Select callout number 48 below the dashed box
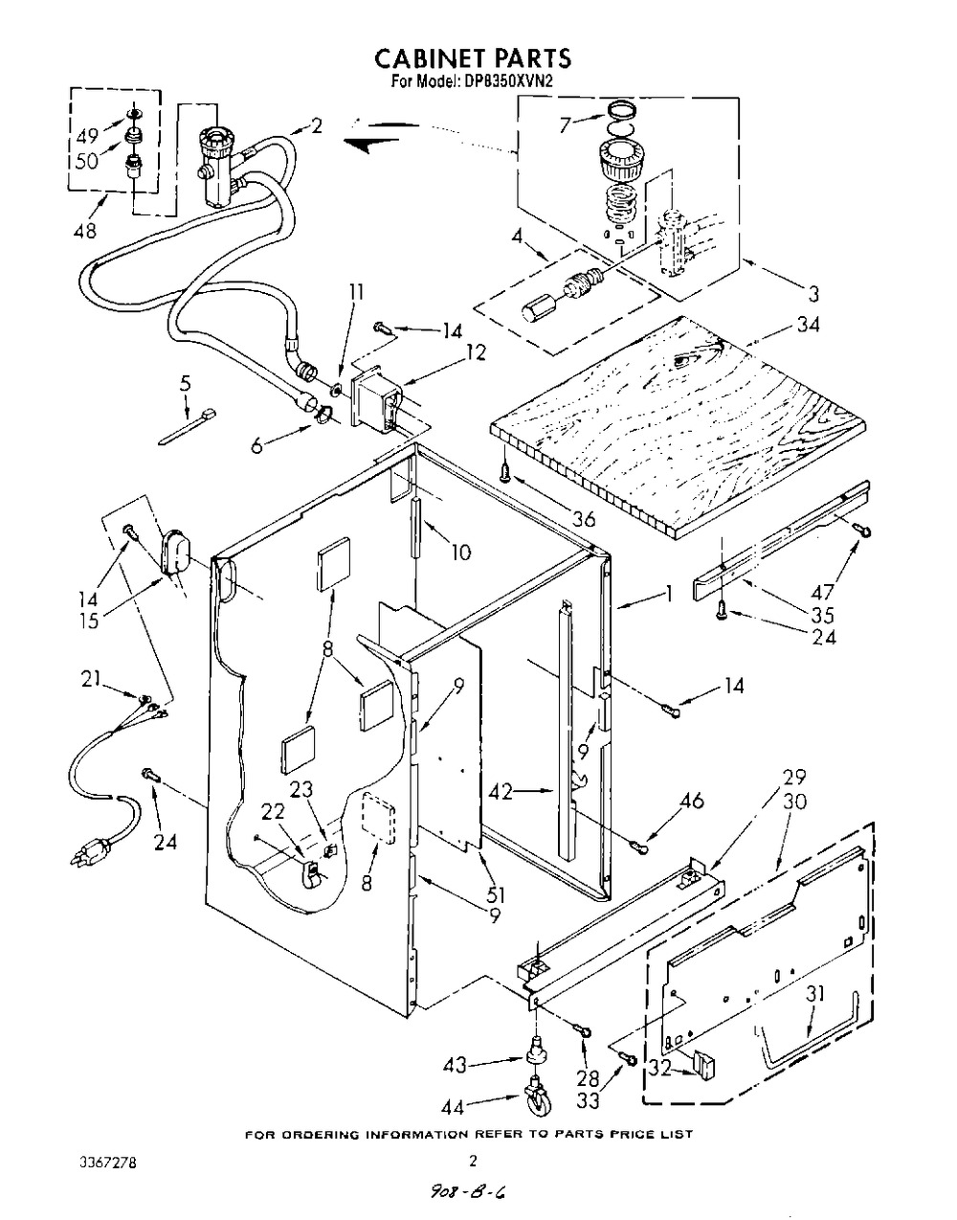(84, 230)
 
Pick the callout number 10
(460, 553)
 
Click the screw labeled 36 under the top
(506, 470)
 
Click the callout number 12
(474, 352)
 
